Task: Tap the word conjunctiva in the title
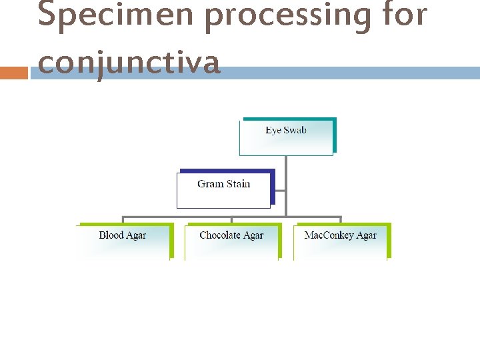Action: pos(129,63)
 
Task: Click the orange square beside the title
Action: pos(13,72)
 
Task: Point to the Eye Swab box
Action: pos(287,137)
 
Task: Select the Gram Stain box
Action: pos(224,190)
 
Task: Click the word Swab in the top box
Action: pos(295,130)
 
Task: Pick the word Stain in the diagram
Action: pos(236,183)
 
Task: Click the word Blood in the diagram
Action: pos(111,235)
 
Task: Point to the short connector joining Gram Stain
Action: pos(280,191)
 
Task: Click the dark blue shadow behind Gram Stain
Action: pos(273,187)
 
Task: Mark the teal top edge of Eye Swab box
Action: pos(288,119)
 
